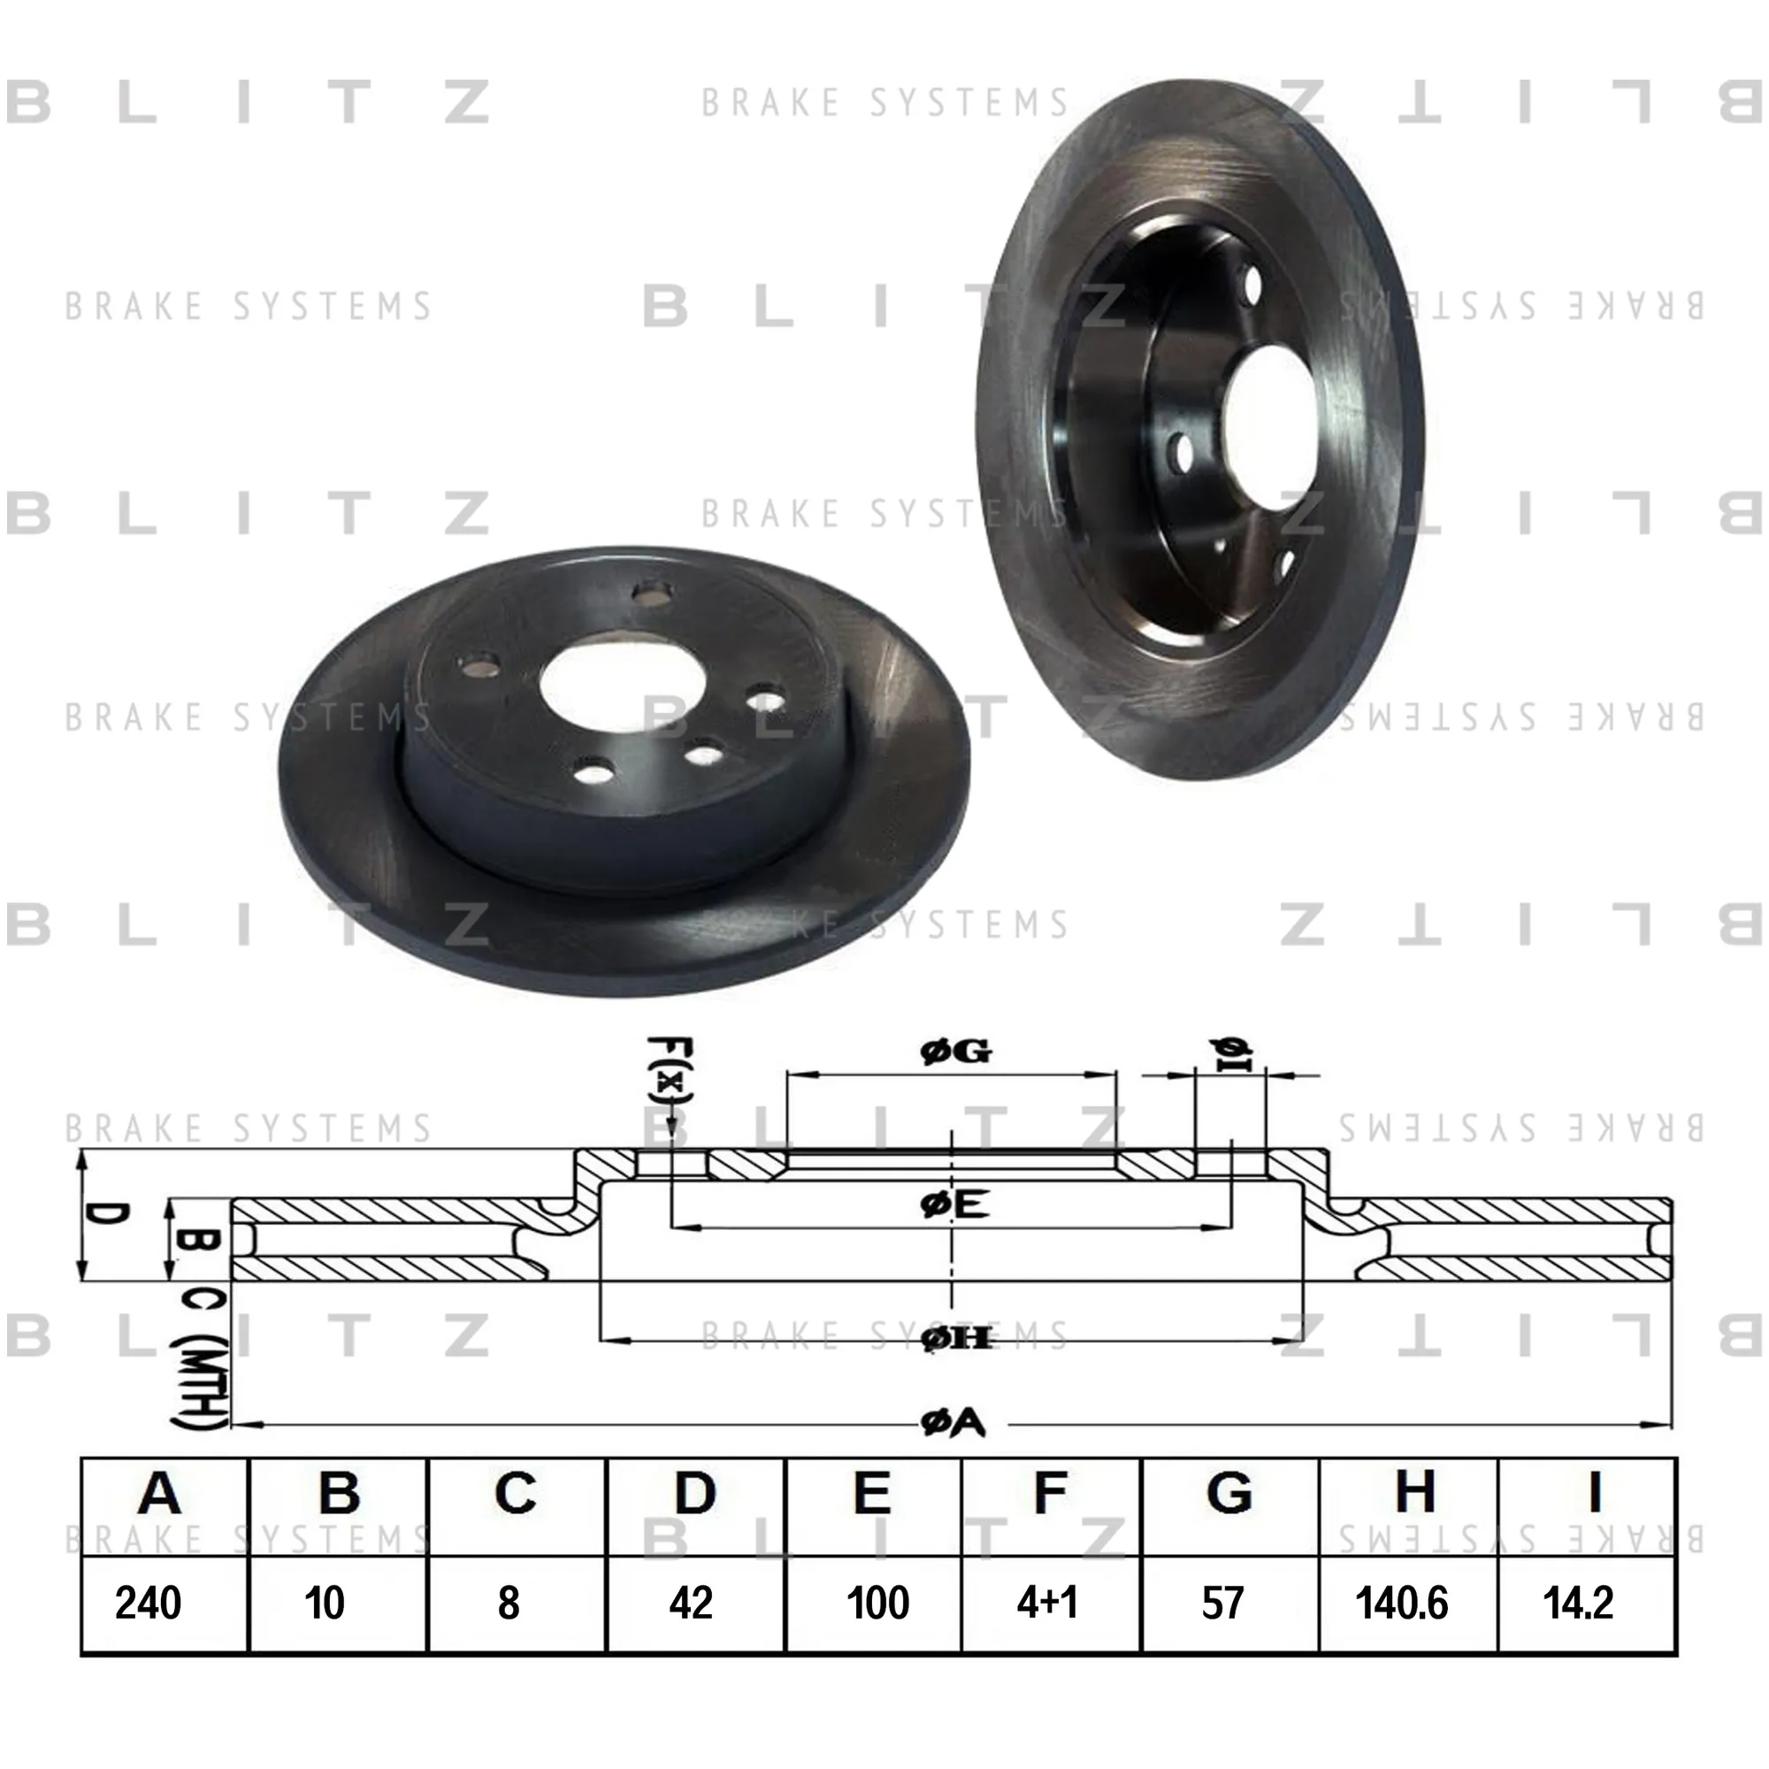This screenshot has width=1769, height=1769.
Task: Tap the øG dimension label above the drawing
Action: [956, 1052]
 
